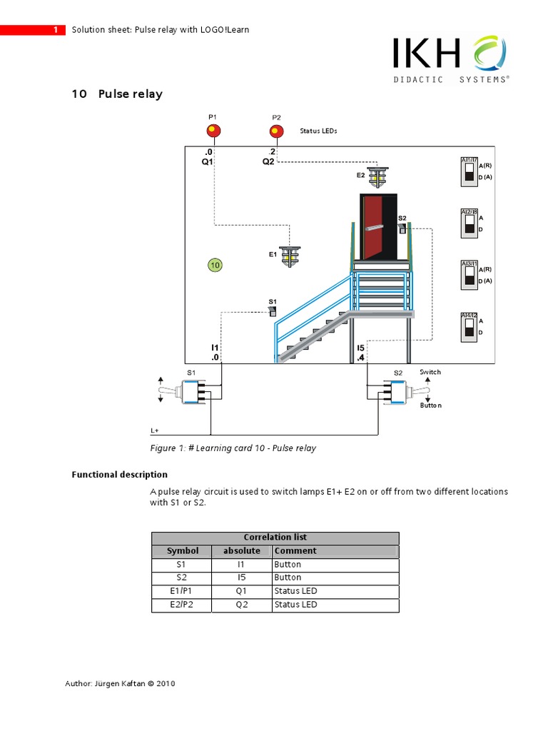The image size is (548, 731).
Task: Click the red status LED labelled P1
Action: coord(213,131)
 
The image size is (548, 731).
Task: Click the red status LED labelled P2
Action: coord(276,131)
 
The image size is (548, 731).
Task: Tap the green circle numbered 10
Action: coord(215,266)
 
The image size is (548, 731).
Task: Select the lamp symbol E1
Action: coord(290,256)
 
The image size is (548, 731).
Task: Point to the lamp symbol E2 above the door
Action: coord(377,175)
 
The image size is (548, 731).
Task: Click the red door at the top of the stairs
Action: coord(378,227)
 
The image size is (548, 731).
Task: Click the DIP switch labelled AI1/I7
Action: coord(469,171)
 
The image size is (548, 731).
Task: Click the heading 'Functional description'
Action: coord(120,475)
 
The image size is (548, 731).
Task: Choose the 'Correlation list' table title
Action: coord(275,538)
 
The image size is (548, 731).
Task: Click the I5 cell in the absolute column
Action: coord(241,578)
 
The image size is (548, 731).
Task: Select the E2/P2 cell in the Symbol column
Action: coord(181,605)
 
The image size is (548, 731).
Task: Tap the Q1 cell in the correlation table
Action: coord(241,591)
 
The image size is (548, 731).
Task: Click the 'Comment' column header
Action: coord(295,551)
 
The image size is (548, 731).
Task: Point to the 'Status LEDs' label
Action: coord(318,131)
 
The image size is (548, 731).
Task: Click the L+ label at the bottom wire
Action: coord(155,430)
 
